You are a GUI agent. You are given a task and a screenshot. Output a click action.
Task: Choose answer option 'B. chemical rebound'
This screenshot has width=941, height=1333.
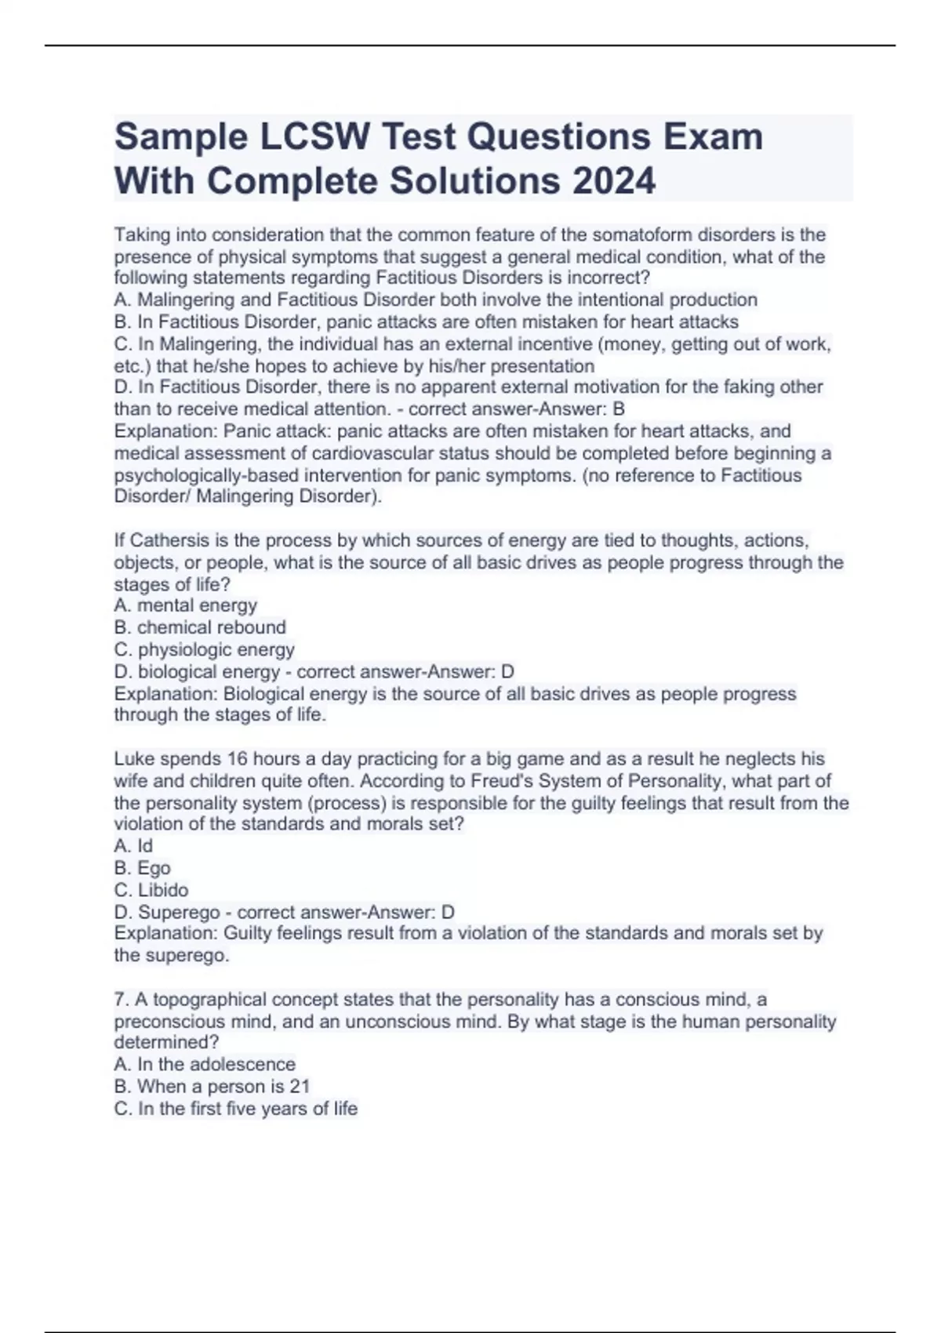200,627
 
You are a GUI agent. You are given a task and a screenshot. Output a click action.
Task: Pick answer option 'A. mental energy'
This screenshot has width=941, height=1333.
186,605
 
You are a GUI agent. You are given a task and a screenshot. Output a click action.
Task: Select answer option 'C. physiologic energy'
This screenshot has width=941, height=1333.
205,650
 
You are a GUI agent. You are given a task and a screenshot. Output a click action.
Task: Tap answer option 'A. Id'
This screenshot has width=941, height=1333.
133,846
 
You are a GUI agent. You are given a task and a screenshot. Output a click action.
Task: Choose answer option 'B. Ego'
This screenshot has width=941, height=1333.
142,868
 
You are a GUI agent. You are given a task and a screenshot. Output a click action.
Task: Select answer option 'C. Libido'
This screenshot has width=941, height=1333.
151,890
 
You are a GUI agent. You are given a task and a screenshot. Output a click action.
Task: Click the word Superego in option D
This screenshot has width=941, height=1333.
179,913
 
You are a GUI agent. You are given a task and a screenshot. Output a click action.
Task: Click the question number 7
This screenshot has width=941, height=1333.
121,1000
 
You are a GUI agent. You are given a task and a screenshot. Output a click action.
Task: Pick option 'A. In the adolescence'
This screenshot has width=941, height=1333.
205,1065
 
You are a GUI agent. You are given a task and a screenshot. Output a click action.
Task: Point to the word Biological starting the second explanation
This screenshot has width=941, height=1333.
264,694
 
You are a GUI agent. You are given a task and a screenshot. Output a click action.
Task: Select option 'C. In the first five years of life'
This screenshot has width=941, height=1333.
236,1109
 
